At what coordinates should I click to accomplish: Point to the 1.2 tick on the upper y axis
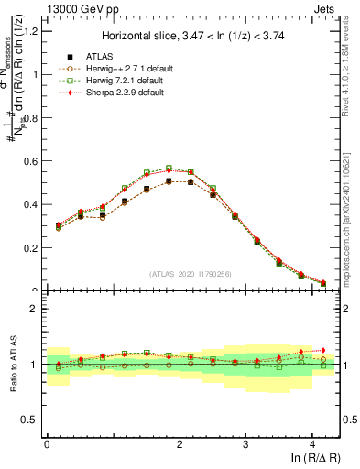pyautogui.click(x=33, y=31)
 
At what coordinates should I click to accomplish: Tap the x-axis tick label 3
pyautogui.click(x=245, y=443)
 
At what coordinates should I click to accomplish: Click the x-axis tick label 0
pyautogui.click(x=47, y=443)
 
